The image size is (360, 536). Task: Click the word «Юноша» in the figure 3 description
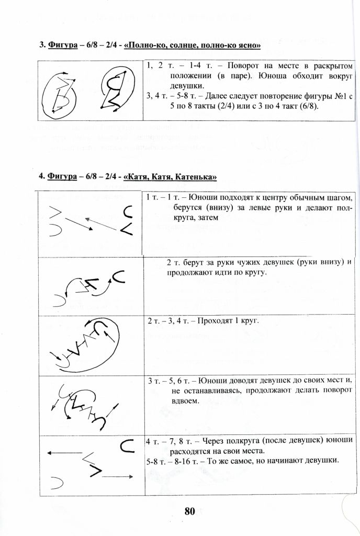coord(271,76)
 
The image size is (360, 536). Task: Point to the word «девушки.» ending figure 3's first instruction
coord(173,86)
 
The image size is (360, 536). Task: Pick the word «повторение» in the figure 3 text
coord(282,96)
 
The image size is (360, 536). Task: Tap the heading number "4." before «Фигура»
coord(42,176)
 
